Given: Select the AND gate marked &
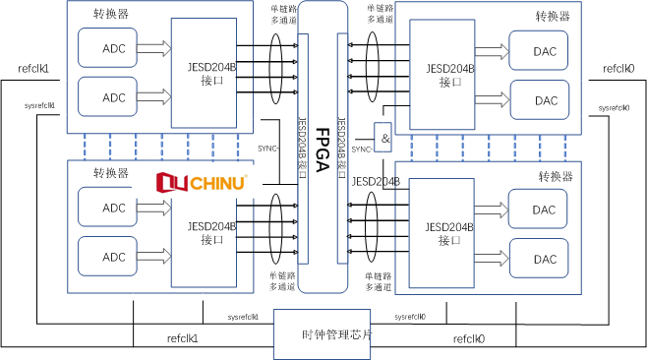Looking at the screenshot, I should [x=384, y=138].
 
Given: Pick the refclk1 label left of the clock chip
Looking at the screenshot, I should [x=183, y=338].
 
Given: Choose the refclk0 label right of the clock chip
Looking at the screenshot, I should [x=469, y=338].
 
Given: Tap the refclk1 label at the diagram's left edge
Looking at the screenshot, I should [x=33, y=69].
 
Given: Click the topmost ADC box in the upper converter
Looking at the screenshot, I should [x=114, y=48].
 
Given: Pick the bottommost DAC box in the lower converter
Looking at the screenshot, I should [x=546, y=259].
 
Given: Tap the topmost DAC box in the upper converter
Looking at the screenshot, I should [x=546, y=50].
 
